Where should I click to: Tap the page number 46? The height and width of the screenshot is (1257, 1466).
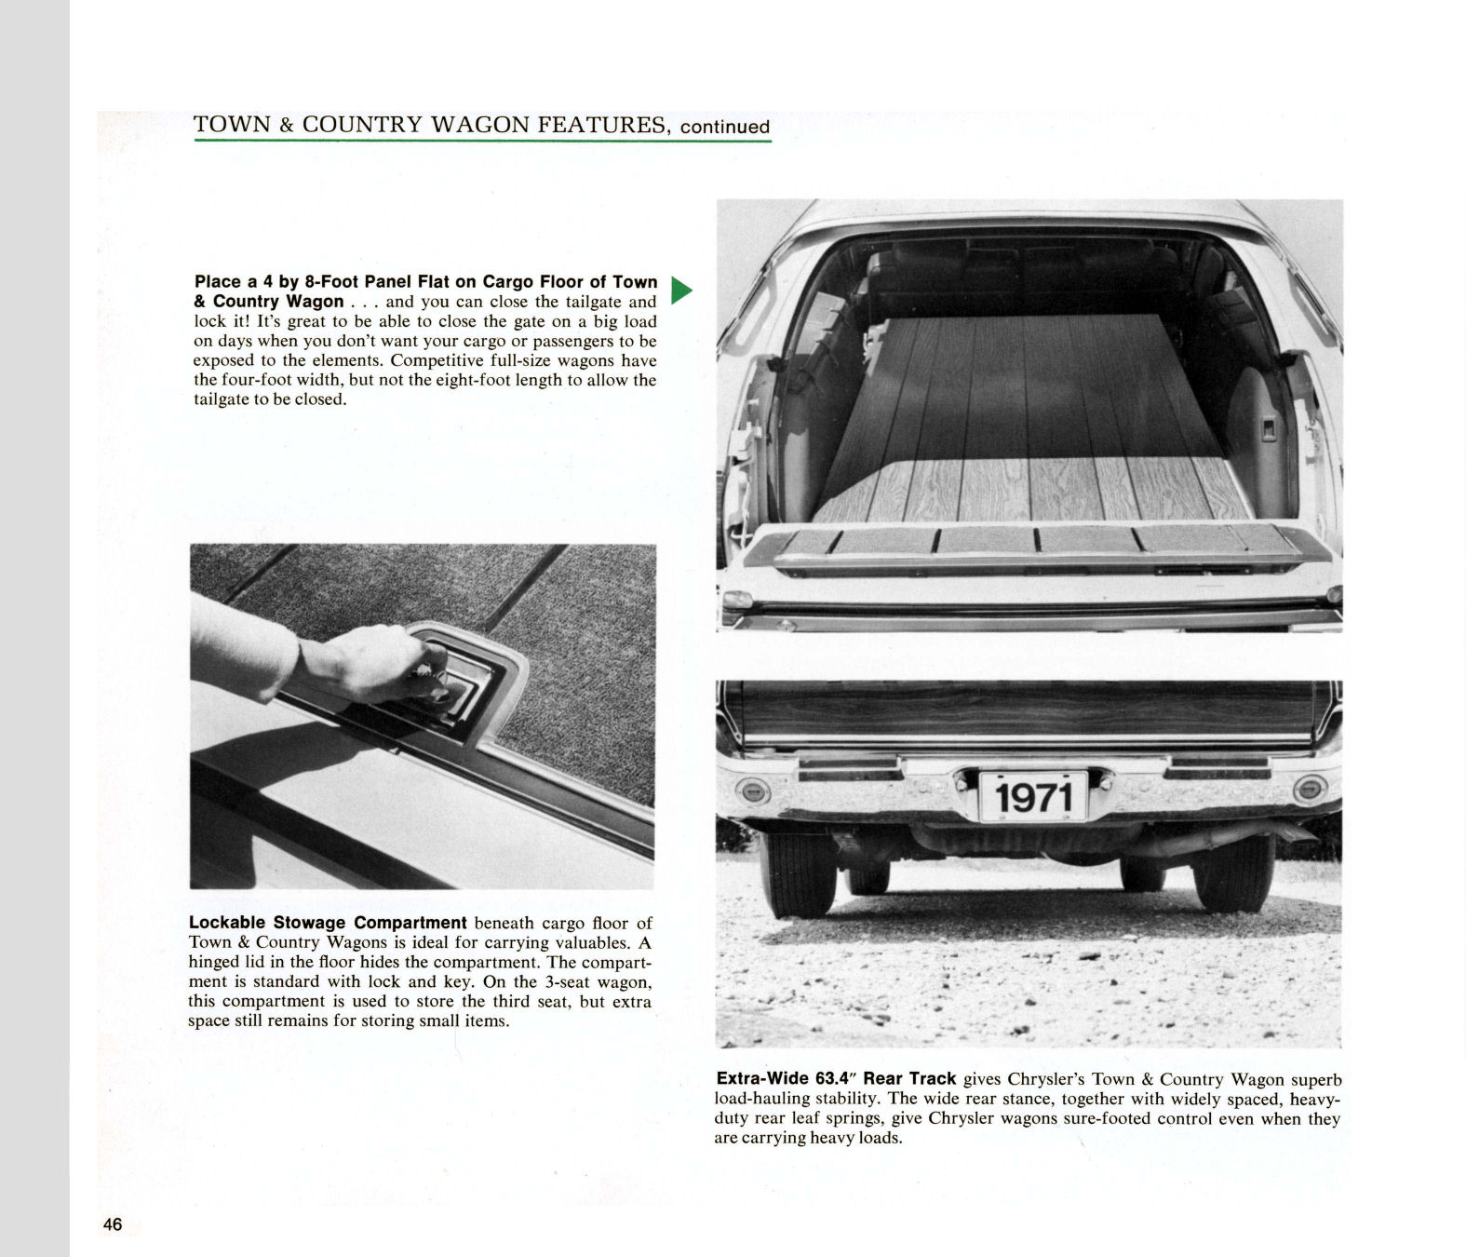click(113, 1223)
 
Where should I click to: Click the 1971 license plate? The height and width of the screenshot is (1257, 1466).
click(1033, 797)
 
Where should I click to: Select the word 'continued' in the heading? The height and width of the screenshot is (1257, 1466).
click(725, 128)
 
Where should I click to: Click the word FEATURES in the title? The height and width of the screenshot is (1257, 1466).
click(601, 125)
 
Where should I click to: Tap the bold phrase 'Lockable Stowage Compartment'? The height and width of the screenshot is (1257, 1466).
click(328, 923)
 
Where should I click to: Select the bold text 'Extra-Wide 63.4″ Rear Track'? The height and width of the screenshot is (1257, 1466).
click(836, 1078)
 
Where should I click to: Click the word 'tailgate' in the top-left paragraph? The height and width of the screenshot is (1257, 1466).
click(598, 302)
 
